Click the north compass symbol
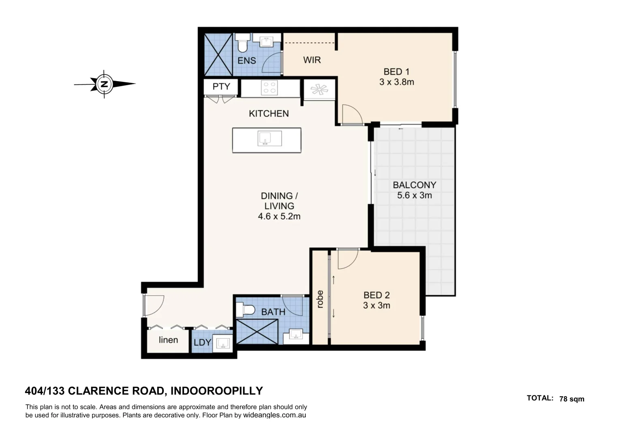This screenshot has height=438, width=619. click(x=105, y=84)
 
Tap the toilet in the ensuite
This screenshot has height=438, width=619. click(x=243, y=43)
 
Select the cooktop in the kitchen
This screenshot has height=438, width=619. click(x=270, y=88)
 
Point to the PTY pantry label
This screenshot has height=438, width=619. click(x=221, y=86)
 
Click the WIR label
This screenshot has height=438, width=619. click(x=312, y=60)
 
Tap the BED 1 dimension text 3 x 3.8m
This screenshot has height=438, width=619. click(x=396, y=82)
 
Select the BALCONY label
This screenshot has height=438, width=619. click(x=414, y=185)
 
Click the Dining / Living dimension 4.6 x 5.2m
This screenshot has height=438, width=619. click(x=279, y=217)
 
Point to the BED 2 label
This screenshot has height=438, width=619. click(x=376, y=295)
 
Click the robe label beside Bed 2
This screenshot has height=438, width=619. click(x=320, y=299)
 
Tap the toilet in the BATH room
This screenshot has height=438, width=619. click(x=246, y=310)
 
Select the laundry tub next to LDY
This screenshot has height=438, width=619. click(x=223, y=344)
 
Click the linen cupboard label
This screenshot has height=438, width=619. click(x=168, y=340)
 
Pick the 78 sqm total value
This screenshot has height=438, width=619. click(x=572, y=399)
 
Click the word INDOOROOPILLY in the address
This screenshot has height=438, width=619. click(x=216, y=391)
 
